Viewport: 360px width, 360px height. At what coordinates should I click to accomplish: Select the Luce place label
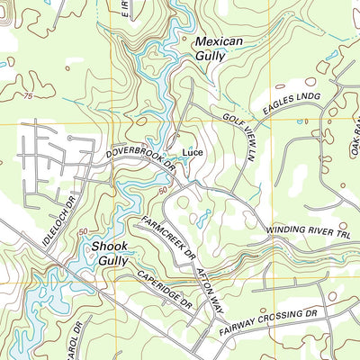[193, 153]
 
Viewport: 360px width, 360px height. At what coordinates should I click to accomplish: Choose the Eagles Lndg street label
[292, 106]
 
